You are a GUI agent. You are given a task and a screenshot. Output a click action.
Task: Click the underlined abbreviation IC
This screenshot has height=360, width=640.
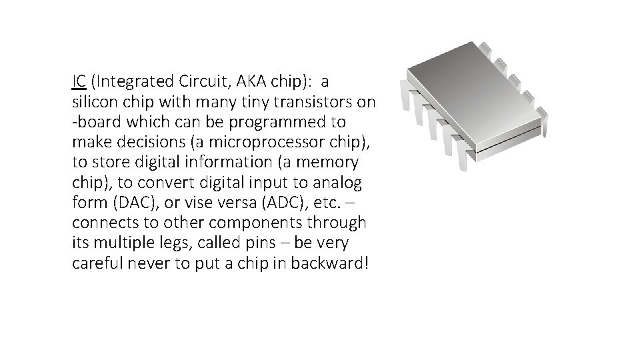[x=78, y=82]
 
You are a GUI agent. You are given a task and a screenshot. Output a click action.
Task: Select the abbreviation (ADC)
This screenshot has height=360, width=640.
[x=275, y=202]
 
